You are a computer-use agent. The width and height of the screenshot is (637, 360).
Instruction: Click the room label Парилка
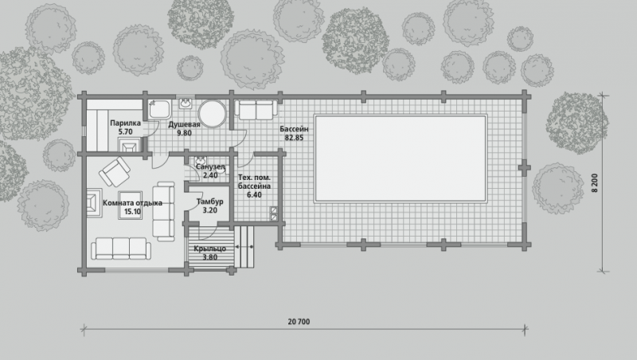[125, 123]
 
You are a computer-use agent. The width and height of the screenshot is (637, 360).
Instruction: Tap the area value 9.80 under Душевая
[184, 133]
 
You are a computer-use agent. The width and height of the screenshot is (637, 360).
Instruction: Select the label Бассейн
[294, 129]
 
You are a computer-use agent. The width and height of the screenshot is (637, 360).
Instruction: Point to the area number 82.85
[294, 138]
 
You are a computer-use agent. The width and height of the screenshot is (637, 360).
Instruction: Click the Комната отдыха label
[132, 203]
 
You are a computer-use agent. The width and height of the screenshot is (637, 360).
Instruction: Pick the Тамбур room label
[209, 202]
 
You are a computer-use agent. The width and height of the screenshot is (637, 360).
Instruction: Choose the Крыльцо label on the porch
[209, 248]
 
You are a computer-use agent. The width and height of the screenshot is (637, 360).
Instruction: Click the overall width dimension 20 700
[299, 322]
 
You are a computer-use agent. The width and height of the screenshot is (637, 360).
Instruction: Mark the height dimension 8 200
[595, 183]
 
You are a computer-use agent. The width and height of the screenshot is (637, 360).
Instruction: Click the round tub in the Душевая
[213, 114]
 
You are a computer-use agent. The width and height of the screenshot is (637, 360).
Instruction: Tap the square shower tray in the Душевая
[160, 109]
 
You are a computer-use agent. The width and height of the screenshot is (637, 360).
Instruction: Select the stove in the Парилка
[129, 145]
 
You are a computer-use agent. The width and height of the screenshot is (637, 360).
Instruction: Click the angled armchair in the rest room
[115, 171]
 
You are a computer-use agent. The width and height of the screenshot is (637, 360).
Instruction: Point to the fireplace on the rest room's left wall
[94, 202]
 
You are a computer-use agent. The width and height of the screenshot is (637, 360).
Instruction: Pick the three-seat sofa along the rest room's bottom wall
[121, 248]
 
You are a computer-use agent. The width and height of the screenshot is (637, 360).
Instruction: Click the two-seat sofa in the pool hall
[256, 110]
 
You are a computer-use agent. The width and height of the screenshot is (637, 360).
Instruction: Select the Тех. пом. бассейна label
[254, 186]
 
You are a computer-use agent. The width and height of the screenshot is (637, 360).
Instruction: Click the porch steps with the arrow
[244, 247]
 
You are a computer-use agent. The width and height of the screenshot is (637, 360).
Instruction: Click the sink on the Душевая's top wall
[186, 104]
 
